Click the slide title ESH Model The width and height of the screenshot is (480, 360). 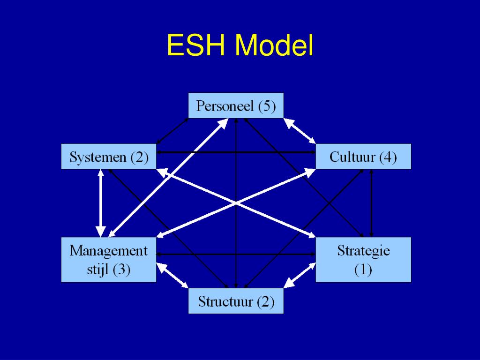tap(240, 46)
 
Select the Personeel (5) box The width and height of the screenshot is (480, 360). tap(236, 106)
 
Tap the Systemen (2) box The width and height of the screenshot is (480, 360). tap(109, 157)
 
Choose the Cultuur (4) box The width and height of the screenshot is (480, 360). tap(363, 157)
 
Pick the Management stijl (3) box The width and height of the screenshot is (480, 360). tap(109, 260)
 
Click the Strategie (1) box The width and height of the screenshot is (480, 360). tap(363, 260)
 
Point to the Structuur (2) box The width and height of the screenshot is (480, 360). tap(236, 301)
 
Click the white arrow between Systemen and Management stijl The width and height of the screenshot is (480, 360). tap(101, 202)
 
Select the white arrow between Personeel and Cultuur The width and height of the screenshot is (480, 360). tap(300, 131)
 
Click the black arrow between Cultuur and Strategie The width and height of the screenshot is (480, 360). tap(371, 202)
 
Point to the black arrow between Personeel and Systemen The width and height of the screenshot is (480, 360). tap(172, 131)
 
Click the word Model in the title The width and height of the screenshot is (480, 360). tap(274, 46)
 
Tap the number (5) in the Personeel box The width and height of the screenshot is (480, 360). tap(267, 106)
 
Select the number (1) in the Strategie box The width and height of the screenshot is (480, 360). tap(363, 270)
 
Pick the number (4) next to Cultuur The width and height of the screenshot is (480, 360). tap(388, 157)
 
